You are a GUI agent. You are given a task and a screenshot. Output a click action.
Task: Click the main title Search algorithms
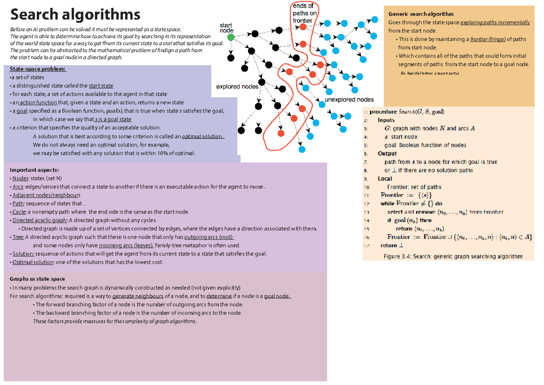coord(75,15)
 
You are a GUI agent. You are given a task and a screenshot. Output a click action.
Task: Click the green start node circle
coord(231,38)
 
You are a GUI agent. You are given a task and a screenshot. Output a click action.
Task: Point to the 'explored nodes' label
coord(237,86)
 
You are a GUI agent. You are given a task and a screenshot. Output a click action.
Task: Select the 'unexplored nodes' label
coord(349,99)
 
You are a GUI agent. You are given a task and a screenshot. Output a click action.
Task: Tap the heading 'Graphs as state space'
coord(37,279)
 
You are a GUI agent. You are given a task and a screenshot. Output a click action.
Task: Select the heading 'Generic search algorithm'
coord(421,14)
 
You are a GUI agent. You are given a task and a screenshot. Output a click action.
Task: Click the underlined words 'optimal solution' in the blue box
coord(203,136)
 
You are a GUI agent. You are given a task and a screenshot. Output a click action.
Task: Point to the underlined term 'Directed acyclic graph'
coord(40,220)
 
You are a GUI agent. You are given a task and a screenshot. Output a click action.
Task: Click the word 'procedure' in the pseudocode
coord(383,112)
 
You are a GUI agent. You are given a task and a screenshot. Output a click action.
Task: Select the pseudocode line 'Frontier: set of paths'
coord(414,187)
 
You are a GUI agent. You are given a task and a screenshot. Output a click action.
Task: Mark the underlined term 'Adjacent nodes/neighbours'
coord(46,195)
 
